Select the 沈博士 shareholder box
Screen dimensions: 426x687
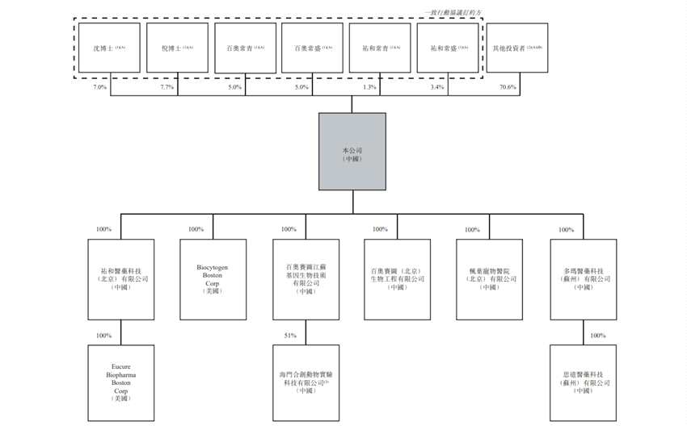coord(110,48)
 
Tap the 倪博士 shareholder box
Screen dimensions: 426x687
coord(177,48)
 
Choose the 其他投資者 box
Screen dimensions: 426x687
coord(517,48)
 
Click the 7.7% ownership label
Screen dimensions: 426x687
coord(167,86)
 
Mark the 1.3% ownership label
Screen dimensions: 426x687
coord(370,86)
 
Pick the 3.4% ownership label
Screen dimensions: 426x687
coord(437,86)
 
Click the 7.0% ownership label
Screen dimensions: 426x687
coord(100,86)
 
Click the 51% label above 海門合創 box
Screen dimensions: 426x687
coord(289,335)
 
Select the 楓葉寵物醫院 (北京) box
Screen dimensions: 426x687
coord(490,278)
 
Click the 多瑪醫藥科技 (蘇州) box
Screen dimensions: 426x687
coord(583,278)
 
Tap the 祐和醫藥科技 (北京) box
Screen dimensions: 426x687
coord(121,278)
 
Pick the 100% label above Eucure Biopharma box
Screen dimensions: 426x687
coord(104,335)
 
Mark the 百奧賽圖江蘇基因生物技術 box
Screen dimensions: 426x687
coord(306,278)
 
